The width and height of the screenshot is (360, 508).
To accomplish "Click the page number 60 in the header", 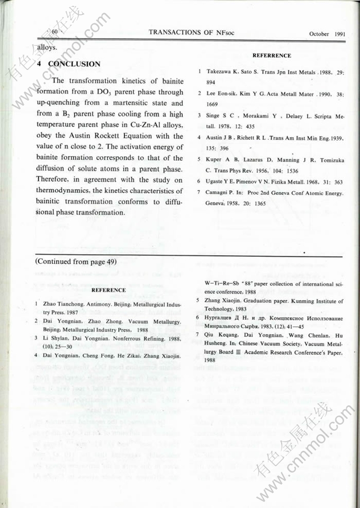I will pos(55,33).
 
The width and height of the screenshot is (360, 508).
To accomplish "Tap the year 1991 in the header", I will pos(340,34).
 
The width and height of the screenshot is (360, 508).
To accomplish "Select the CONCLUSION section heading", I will pos(74,64).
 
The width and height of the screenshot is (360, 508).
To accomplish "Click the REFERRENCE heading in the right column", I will pos(272,56).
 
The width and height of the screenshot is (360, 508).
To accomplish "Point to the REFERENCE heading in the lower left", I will pos(109,290).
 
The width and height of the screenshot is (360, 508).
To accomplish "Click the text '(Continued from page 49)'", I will pos(76,262).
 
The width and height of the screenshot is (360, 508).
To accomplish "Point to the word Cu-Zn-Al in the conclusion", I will pos(151,125).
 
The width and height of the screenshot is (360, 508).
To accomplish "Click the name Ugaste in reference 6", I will pos(217,181).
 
